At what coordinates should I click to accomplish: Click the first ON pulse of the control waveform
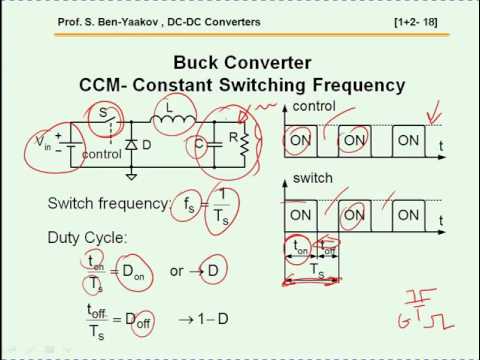299,141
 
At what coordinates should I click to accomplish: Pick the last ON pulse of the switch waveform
408,215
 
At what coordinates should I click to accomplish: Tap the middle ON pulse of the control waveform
353,141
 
